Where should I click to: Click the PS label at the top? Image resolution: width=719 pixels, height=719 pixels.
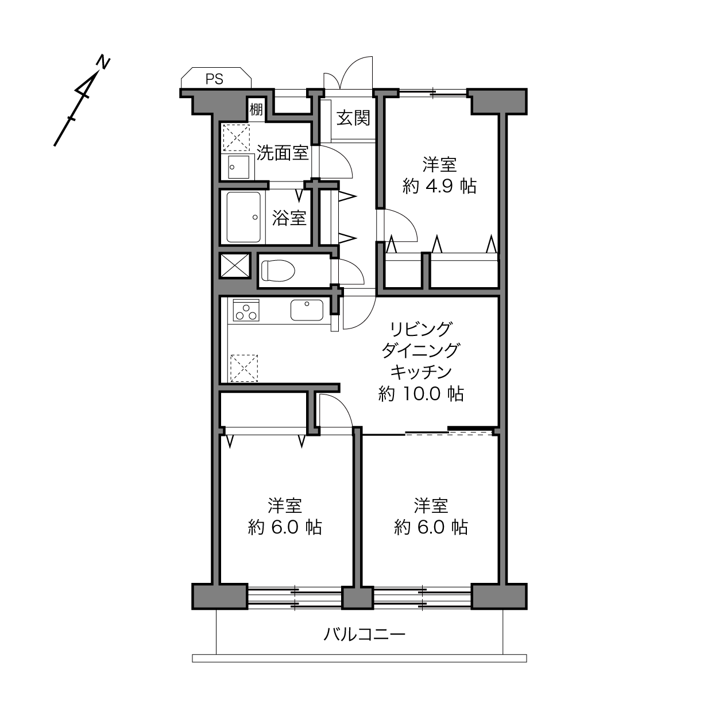pos(214,79)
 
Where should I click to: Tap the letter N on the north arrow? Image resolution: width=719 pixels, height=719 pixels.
pos(103,63)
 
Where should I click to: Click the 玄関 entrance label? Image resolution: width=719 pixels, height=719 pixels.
pos(353,118)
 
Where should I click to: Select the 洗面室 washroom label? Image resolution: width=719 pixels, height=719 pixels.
pos(283,153)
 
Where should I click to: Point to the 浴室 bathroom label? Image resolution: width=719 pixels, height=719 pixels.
pos(289,218)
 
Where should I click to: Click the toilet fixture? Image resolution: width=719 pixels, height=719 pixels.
pos(278,270)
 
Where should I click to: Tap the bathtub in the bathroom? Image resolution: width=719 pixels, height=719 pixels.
pos(243,217)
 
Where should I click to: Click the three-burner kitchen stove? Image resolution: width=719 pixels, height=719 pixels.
pos(246,310)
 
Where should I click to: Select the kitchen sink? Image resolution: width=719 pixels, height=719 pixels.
pos(307,310)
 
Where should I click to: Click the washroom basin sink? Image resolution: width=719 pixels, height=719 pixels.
pos(239,167)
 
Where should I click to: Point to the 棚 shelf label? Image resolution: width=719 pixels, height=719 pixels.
pos(256,109)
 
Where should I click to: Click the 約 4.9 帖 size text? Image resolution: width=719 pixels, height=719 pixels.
pos(439,186)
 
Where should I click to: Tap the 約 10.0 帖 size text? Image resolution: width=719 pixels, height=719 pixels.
pos(422,393)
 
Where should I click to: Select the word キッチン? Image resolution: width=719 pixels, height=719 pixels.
pos(421,372)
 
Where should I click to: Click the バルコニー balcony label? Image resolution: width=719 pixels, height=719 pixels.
pos(364,634)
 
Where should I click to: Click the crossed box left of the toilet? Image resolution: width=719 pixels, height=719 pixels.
pos(235,266)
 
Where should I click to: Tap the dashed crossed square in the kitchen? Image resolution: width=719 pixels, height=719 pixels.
pos(244,368)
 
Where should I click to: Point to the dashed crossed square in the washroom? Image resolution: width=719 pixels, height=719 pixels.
pos(236,138)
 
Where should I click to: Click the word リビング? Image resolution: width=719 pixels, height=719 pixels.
pos(421,328)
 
